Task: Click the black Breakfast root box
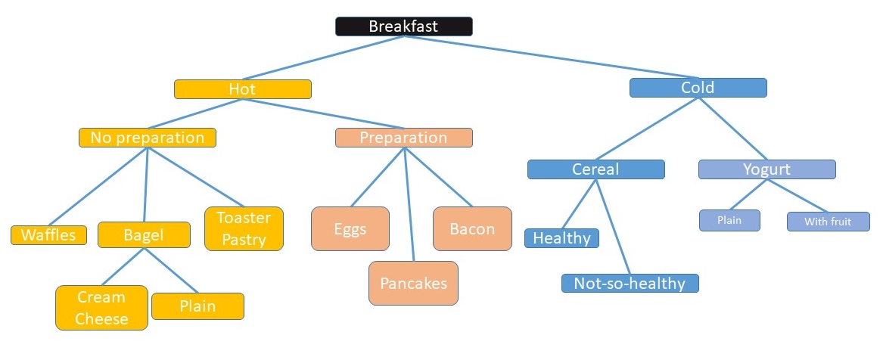coord(404,26)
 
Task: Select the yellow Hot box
coord(243,89)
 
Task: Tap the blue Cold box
coord(698,88)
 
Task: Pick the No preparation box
coord(148,138)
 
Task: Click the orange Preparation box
coord(404,138)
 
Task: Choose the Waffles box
coord(49,235)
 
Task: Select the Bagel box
coord(145,235)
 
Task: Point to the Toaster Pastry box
coord(244,229)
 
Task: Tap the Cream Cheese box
coord(102,308)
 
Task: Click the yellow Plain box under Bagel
coord(197,306)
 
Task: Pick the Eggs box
coord(350,229)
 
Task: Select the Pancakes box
coord(413,283)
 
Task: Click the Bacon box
coord(472,229)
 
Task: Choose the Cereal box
coord(595,169)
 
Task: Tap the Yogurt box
coord(767,169)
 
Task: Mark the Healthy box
coord(561,238)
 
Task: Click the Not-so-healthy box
coord(630,283)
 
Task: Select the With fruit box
coord(828,222)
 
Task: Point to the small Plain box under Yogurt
coord(730,221)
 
